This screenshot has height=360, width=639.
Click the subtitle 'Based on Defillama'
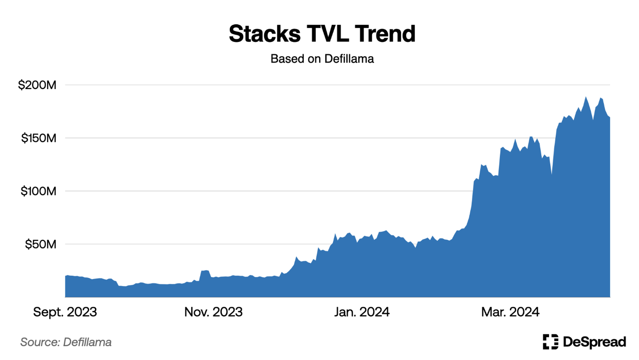coord(322,58)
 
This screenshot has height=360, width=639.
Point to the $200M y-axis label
coord(36,85)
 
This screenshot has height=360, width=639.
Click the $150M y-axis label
coord(39,138)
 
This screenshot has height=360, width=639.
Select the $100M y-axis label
coord(39,191)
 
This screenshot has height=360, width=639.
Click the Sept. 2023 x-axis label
coord(65,312)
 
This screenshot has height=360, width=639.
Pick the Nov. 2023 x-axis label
coord(213,312)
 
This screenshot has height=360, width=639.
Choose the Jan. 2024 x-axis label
coord(362,312)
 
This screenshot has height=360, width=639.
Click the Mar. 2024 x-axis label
coord(511,312)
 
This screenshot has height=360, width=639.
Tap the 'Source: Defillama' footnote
coord(66,342)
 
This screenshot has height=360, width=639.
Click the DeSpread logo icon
coord(550,342)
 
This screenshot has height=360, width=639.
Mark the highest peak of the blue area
coord(586,97)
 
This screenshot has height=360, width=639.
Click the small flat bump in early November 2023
coord(205,271)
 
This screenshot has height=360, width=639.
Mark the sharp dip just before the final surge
coord(552,175)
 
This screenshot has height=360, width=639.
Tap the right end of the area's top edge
coord(609,118)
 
